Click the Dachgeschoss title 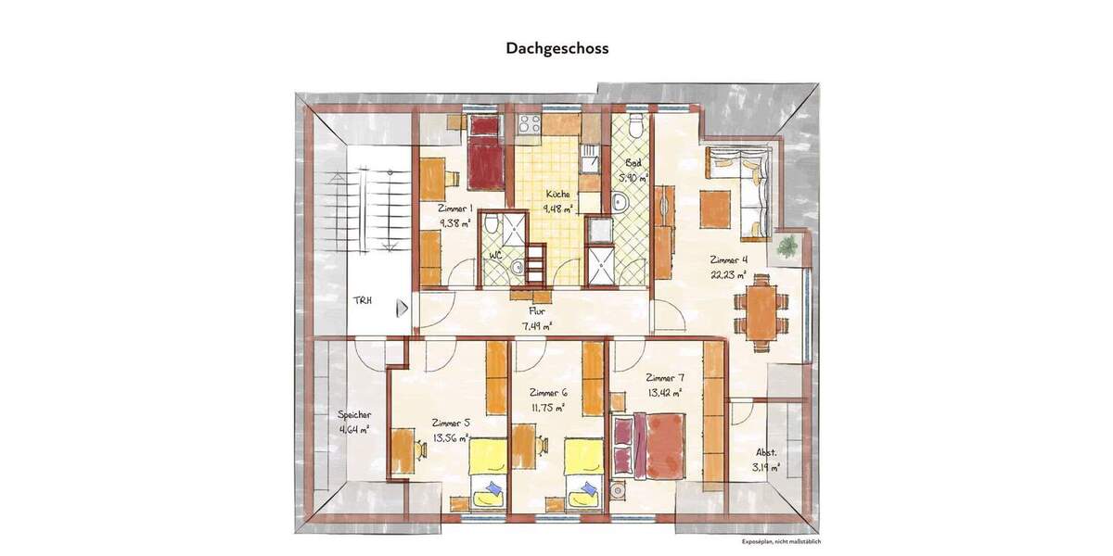point(556,47)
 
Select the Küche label point(557,195)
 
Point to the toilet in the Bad point(634,127)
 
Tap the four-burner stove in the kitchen point(529,125)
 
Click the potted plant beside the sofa point(788,246)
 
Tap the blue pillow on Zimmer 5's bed point(493,487)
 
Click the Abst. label point(766,453)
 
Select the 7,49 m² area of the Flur point(537,325)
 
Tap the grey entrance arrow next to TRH point(402,309)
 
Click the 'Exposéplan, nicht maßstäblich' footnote point(781,542)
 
